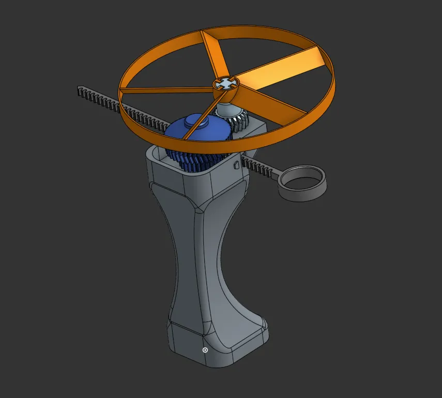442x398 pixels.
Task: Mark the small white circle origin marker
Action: pos(205,350)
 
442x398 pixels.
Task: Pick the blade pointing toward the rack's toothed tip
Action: pos(165,91)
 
